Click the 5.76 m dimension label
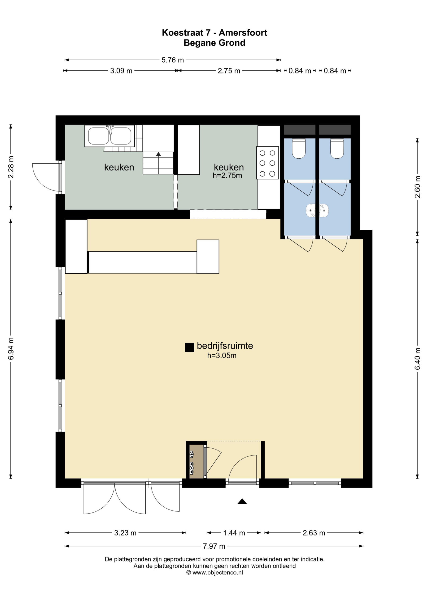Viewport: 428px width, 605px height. [x=172, y=60]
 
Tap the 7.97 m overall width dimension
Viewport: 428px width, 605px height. [x=214, y=546]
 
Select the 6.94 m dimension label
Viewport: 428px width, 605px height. [x=11, y=349]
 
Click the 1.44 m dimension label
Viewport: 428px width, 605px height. [x=234, y=533]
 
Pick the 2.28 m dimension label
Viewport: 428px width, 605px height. [x=11, y=167]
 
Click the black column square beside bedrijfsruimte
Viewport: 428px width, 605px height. [x=189, y=348]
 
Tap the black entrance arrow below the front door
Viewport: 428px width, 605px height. [x=242, y=501]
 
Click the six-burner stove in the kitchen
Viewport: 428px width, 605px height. [x=267, y=163]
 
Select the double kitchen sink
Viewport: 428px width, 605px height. [x=110, y=136]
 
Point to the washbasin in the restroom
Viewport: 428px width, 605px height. [x=317, y=211]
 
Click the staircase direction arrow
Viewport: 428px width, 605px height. [x=158, y=154]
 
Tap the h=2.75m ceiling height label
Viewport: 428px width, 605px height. [x=227, y=176]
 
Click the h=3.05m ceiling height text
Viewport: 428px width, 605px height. [x=222, y=355]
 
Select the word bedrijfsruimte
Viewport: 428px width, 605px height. [x=225, y=346]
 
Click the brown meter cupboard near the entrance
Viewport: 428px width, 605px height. [x=197, y=461]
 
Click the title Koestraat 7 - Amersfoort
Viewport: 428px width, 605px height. [x=214, y=33]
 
